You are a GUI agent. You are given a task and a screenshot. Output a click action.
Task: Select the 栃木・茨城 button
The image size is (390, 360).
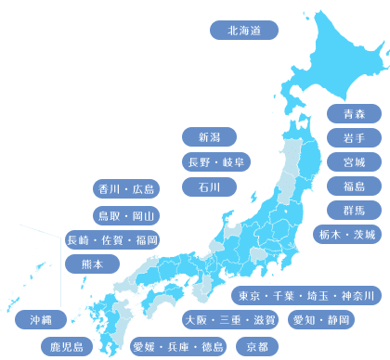pos(345,234)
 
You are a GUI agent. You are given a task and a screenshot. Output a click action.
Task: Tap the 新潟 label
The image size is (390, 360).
pos(209,137)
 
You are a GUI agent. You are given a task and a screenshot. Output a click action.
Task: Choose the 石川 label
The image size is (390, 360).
pos(209,186)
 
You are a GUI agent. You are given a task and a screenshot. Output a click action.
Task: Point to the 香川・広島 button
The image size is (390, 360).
pos(125,189)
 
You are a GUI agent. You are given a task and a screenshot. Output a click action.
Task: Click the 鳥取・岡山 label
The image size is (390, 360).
pos(125,215)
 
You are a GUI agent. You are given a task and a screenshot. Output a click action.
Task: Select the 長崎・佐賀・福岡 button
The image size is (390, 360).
pos(112,240)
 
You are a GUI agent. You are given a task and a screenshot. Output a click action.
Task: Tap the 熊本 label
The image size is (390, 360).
pos(93,264)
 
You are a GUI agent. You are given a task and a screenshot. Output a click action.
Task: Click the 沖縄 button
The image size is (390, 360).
pos(41,319)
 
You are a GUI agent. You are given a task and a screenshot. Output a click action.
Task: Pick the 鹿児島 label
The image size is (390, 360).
pos(66,347)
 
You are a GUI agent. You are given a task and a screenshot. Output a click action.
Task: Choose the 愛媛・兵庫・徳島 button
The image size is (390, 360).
pos(177,347)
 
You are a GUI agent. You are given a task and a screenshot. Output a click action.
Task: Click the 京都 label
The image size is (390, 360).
pos(257,347)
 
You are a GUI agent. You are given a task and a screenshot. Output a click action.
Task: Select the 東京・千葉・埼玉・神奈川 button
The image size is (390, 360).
pos(305,296)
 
